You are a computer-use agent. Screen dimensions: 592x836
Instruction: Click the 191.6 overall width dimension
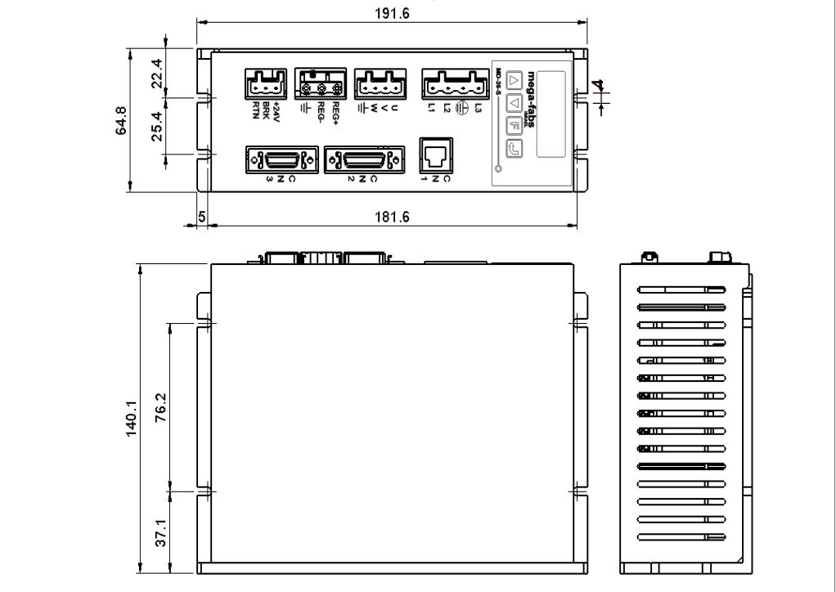[392, 14]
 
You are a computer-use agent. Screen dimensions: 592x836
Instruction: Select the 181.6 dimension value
[392, 217]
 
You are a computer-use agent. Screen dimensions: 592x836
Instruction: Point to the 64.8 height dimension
[123, 119]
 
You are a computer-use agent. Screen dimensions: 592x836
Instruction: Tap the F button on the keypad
[514, 126]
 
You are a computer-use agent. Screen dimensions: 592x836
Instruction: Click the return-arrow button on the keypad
[514, 149]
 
